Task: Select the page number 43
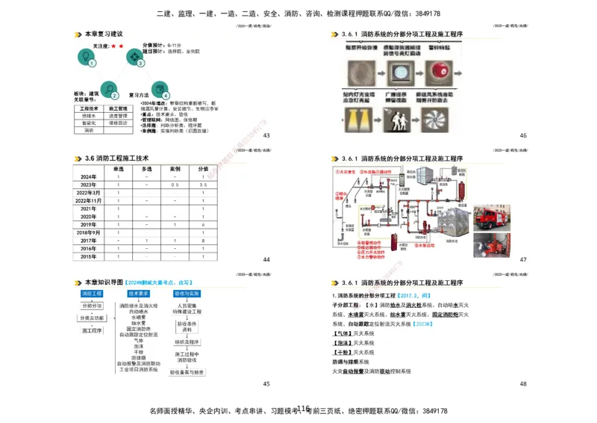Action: tap(266, 135)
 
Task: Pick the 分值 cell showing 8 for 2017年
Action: tap(203, 241)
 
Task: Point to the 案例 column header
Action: tap(175, 169)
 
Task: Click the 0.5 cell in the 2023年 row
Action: tap(175, 185)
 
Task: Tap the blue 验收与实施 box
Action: tap(187, 294)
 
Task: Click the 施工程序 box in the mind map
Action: tap(93, 330)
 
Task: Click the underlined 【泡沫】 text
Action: tap(342, 343)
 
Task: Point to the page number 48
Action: tap(523, 383)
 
